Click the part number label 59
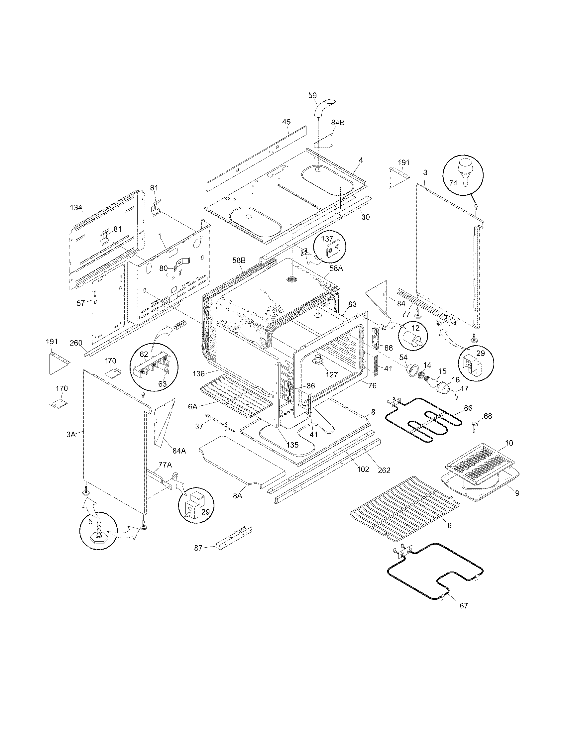[x=312, y=95]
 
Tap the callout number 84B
[x=338, y=123]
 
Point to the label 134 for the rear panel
[x=76, y=208]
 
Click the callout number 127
[x=332, y=375]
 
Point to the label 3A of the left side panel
[x=70, y=435]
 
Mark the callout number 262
[x=384, y=470]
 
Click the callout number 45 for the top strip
[x=286, y=122]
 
